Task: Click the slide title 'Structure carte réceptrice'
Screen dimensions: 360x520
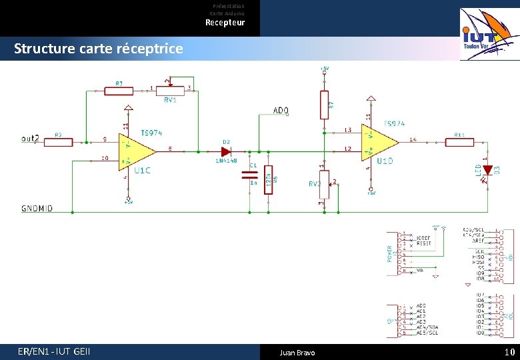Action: pyautogui.click(x=98, y=49)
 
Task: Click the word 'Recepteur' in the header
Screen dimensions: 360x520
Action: pyautogui.click(x=225, y=23)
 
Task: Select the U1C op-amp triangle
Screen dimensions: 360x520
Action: pyautogui.click(x=134, y=151)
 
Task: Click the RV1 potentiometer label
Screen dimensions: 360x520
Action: pyautogui.click(x=170, y=100)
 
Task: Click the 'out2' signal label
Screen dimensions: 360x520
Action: pyautogui.click(x=31, y=139)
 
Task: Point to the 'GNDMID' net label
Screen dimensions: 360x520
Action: pyautogui.click(x=37, y=209)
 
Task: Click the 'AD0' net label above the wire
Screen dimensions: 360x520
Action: pyautogui.click(x=281, y=110)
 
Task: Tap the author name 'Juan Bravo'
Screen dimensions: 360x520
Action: pyautogui.click(x=297, y=352)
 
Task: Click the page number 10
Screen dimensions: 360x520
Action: pyautogui.click(x=510, y=352)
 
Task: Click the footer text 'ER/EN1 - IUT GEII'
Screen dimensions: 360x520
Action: pyautogui.click(x=55, y=351)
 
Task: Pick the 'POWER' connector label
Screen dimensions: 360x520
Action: pyautogui.click(x=390, y=253)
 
